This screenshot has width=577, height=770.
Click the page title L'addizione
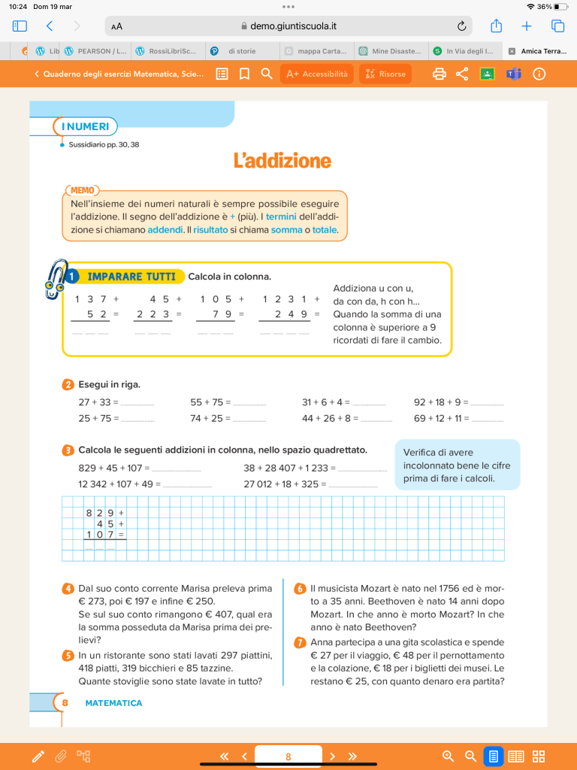282,161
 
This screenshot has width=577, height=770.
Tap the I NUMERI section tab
86,126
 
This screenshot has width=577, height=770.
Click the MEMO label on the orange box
82,190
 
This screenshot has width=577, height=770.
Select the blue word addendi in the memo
165,230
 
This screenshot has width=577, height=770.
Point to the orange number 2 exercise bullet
68,385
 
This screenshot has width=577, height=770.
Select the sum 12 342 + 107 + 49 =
119,484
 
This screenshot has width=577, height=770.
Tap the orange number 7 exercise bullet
300,642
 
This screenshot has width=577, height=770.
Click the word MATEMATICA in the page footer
113,703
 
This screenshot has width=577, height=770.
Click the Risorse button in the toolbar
385,74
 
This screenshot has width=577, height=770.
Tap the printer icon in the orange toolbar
440,74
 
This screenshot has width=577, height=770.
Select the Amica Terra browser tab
539,51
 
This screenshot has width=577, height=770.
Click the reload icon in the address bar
461,26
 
